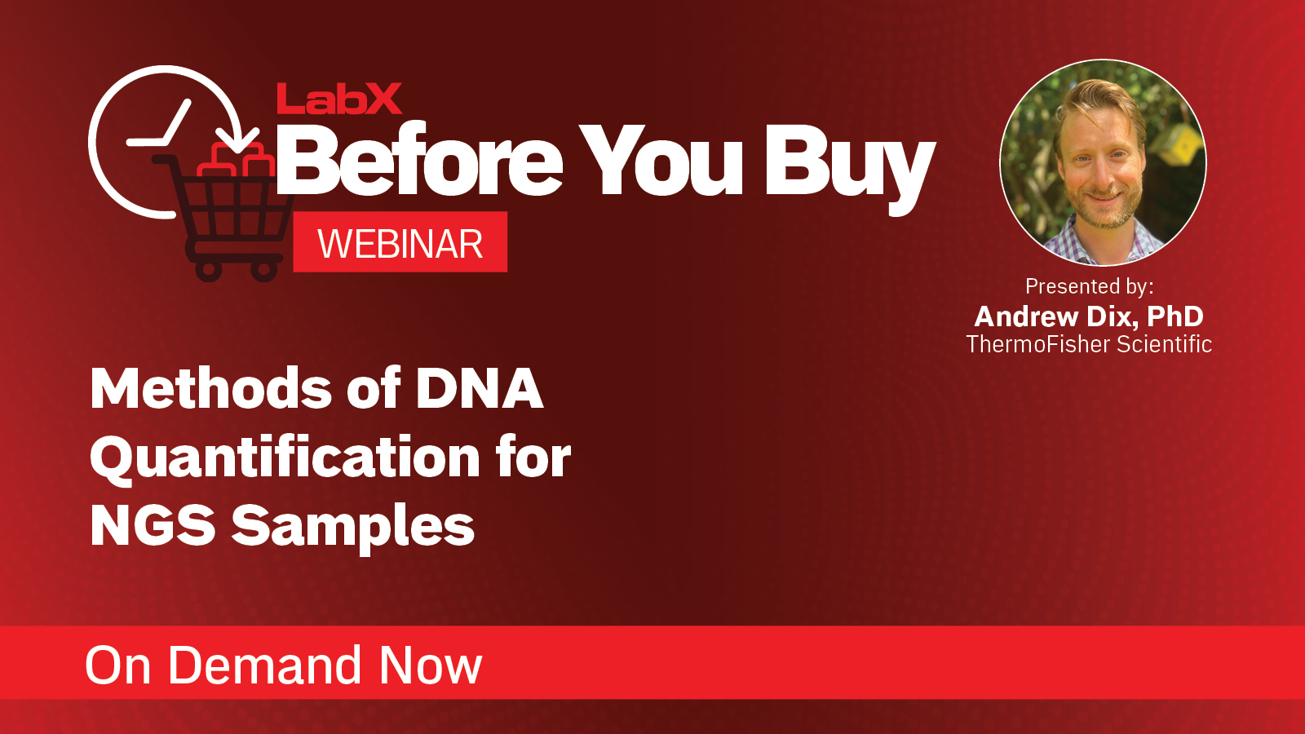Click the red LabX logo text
(338, 99)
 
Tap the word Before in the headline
(419, 161)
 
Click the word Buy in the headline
(848, 163)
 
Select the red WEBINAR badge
(400, 243)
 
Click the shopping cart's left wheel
(209, 268)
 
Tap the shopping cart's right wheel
(263, 268)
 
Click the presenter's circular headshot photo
(1103, 163)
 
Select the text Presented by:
(1089, 286)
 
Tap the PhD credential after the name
(1175, 316)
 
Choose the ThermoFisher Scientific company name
(1089, 344)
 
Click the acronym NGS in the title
(153, 525)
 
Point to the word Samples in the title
(352, 527)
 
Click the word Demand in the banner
(264, 665)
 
